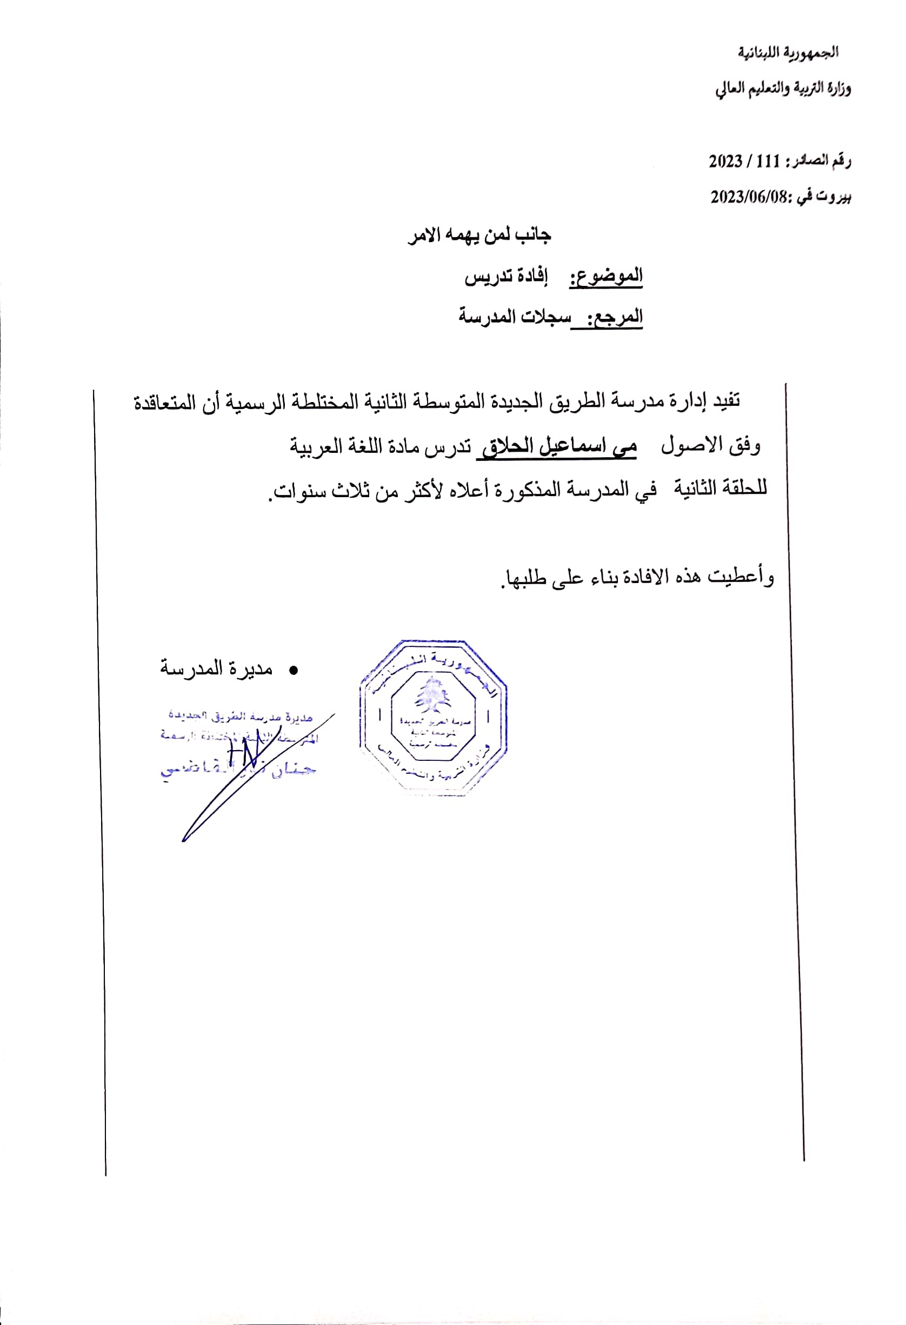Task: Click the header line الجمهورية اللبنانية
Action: tap(788, 52)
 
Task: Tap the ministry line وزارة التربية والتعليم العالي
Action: tap(783, 89)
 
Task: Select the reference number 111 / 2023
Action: tap(744, 162)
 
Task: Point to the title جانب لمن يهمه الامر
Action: tap(479, 235)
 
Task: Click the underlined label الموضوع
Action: tap(606, 277)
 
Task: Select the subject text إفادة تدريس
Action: tap(506, 277)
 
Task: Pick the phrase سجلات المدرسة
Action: tap(514, 317)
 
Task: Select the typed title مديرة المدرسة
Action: tap(216, 668)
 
